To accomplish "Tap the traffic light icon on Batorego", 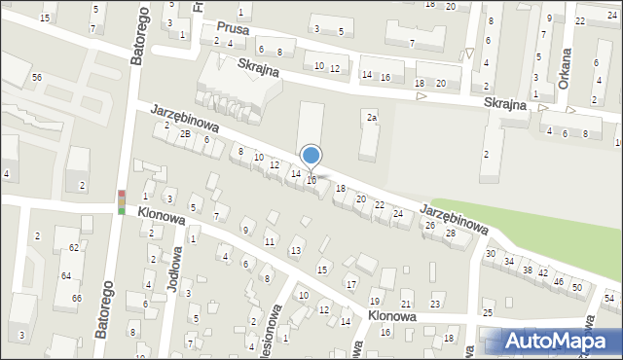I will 122,201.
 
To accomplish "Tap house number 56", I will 36,77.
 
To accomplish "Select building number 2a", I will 371,118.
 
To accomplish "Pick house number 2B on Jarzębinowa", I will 185,133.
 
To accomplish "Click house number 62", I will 73,249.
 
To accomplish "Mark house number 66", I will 76,298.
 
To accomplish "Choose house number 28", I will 451,234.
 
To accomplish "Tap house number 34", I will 508,261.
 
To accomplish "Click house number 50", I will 577,288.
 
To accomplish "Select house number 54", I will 608,298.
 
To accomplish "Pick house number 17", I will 351,284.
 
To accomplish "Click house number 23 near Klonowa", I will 435,305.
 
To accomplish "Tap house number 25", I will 488,312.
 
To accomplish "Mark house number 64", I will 66,277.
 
